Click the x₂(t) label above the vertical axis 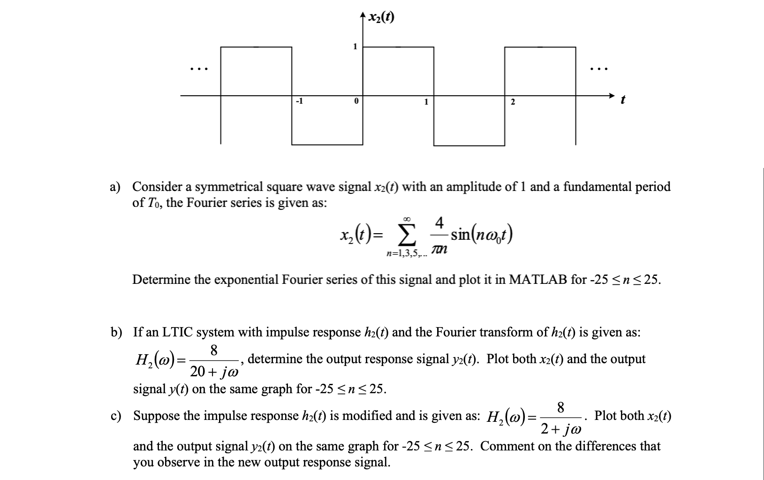(381, 17)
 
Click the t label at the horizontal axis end (622, 100)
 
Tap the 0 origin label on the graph (356, 101)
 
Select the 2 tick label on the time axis (512, 102)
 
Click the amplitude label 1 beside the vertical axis (355, 46)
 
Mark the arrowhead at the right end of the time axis (611, 96)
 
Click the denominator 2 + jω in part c (561, 428)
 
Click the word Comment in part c (507, 446)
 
